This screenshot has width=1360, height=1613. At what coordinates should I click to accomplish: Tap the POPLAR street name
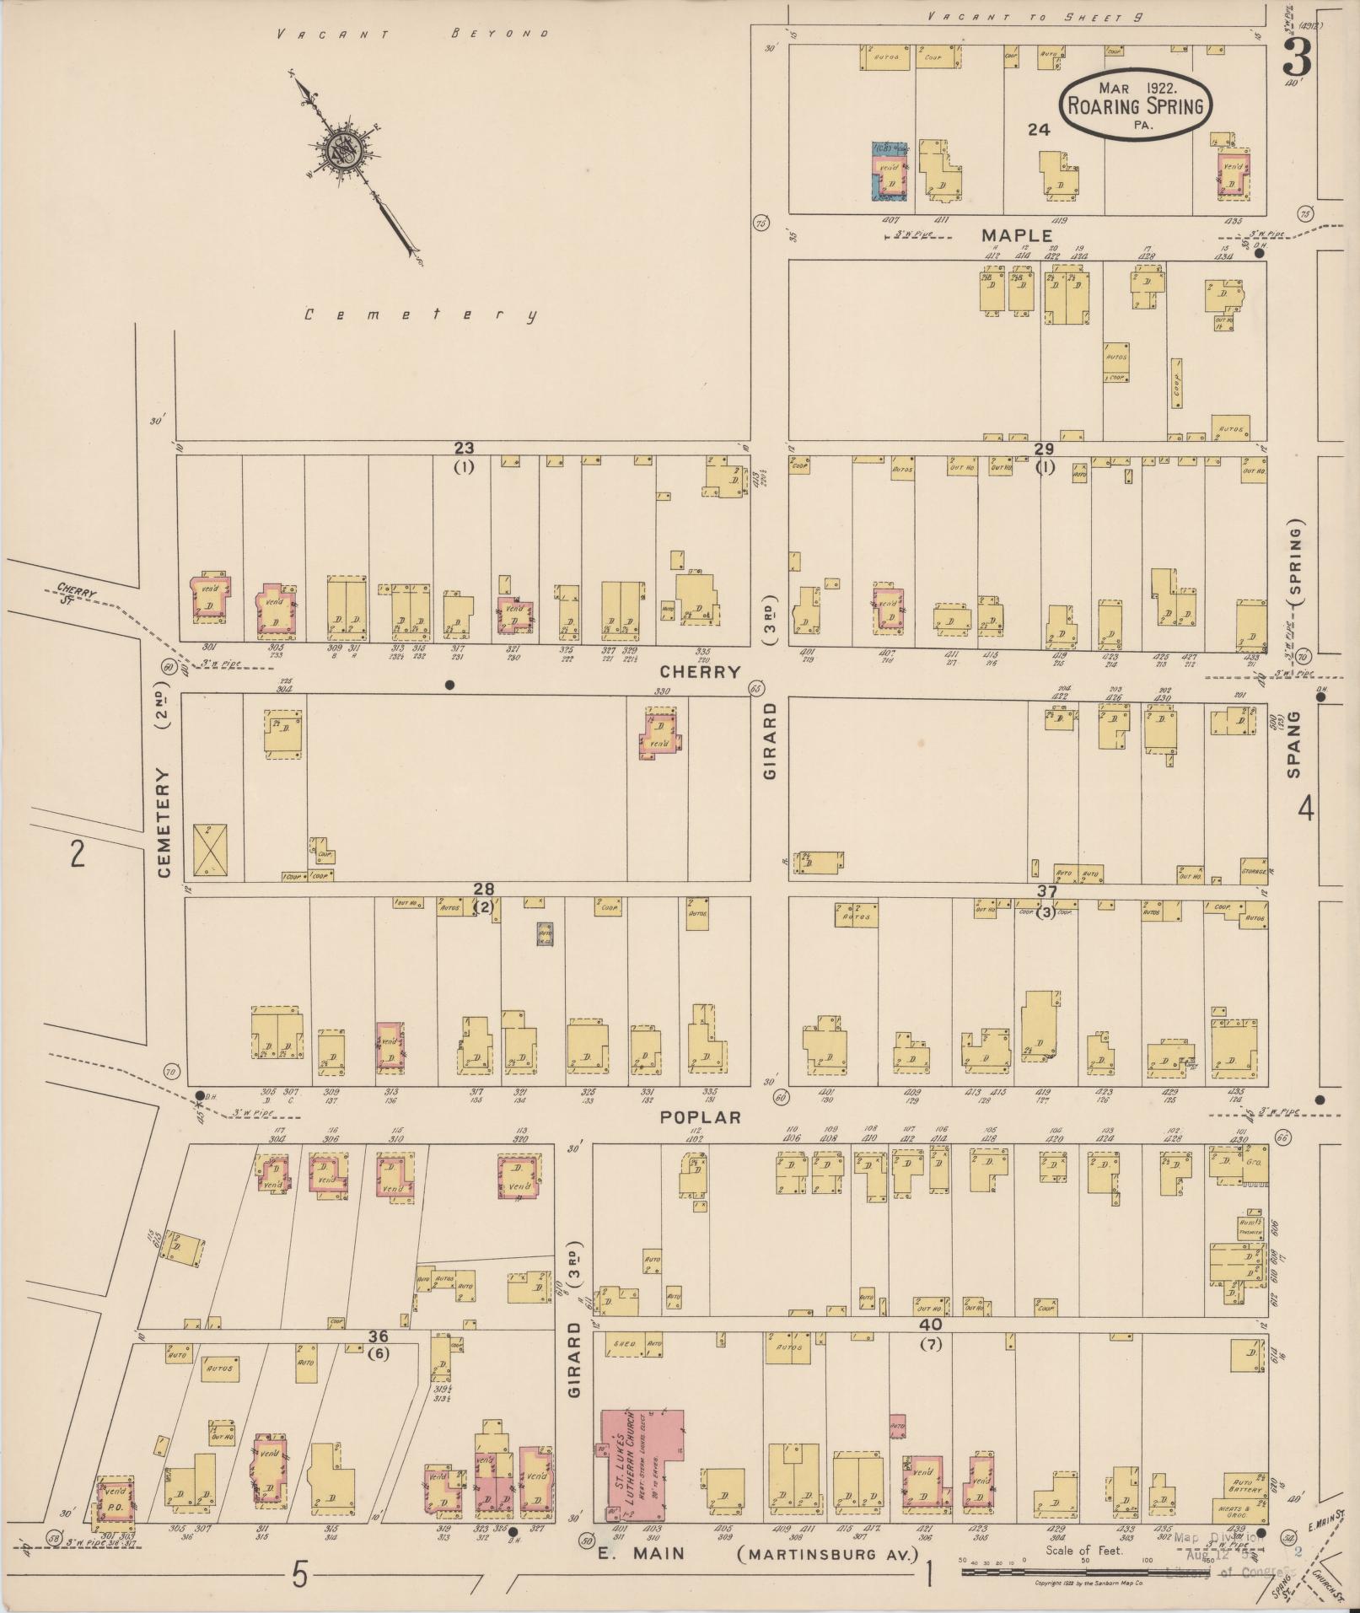700,1117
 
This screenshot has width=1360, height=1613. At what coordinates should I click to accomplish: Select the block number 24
1039,129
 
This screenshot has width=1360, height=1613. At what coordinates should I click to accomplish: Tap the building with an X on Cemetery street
210,848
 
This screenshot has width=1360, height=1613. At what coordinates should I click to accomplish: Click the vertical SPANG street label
1295,745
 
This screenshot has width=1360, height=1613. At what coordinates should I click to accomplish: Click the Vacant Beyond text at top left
413,35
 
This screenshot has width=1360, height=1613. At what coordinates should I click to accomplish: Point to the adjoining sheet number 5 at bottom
298,1573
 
